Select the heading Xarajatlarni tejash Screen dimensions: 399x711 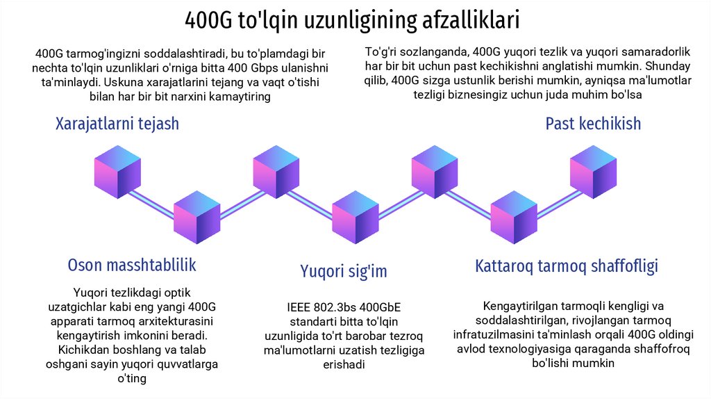click(117, 124)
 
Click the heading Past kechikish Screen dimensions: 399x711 click(593, 124)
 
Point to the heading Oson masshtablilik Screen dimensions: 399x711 click(132, 265)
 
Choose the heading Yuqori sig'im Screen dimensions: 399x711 click(344, 270)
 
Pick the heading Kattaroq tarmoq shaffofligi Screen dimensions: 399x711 click(567, 266)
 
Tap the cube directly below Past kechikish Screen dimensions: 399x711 click(593, 172)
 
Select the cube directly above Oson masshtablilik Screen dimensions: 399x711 click(196, 218)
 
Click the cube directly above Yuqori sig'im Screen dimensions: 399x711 click(355, 218)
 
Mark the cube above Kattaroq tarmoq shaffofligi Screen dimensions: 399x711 click(514, 218)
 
